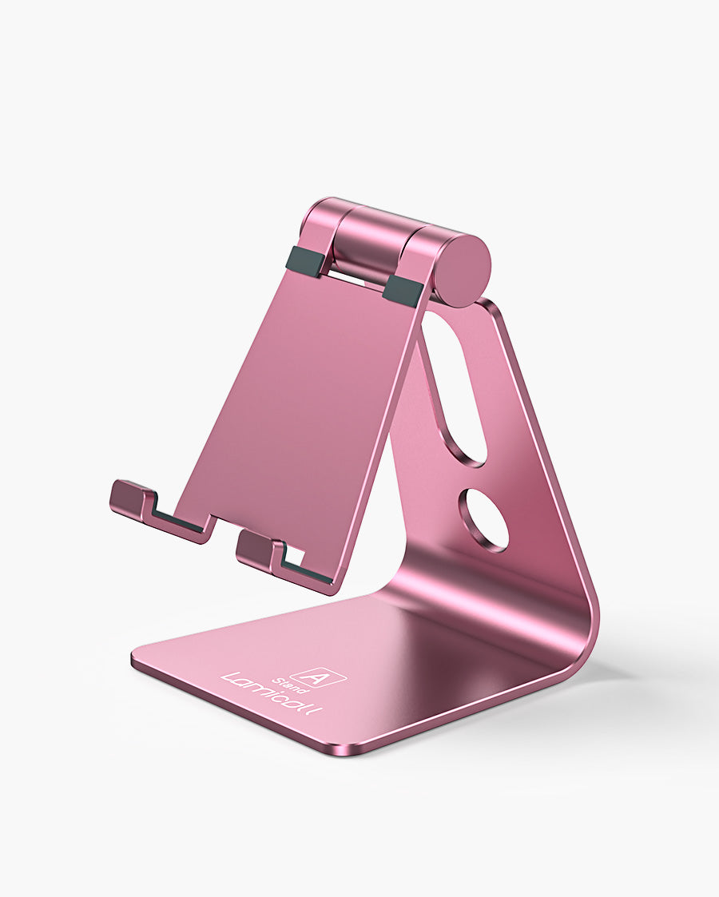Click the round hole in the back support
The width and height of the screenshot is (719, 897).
(x=483, y=520)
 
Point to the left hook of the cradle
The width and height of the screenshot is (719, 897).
(x=132, y=499)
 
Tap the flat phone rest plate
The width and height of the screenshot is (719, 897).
(x=304, y=399)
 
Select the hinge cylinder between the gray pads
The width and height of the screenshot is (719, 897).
(x=363, y=248)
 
